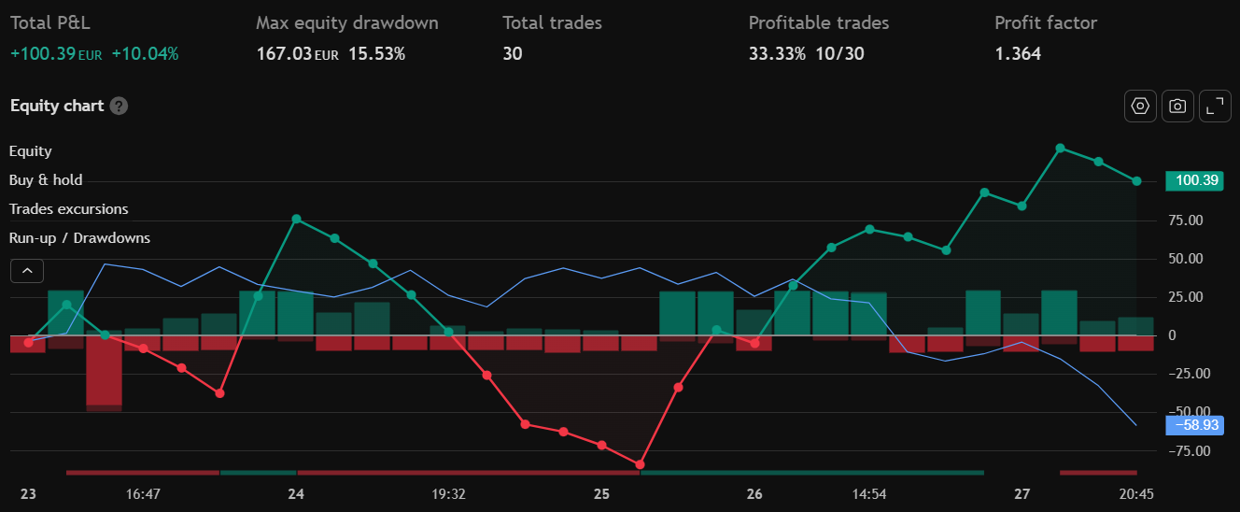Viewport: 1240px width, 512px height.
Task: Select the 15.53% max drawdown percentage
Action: (x=376, y=53)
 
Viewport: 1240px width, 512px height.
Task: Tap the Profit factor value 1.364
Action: (x=1018, y=53)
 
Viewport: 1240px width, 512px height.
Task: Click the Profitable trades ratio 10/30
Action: (x=840, y=53)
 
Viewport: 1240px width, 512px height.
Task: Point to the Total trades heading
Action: (x=552, y=22)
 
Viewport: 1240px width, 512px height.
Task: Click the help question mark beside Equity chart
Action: (x=119, y=106)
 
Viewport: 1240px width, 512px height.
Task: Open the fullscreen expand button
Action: (x=1214, y=107)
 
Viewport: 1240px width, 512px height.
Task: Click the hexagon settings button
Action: (x=1140, y=107)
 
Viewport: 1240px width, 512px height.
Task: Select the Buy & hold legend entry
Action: (x=46, y=180)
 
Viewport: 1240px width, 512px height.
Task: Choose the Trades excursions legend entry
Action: (x=69, y=209)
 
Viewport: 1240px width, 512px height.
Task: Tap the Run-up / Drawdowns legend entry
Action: (x=79, y=238)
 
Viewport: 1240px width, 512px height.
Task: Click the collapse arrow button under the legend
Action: (x=27, y=271)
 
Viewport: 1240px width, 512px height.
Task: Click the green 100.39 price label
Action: (x=1193, y=181)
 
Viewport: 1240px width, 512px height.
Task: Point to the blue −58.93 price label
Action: (x=1193, y=425)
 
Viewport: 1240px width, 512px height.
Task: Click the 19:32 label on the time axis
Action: (x=449, y=493)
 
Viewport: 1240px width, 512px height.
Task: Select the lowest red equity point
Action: (x=640, y=464)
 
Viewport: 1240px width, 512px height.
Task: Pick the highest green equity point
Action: (x=1060, y=149)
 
